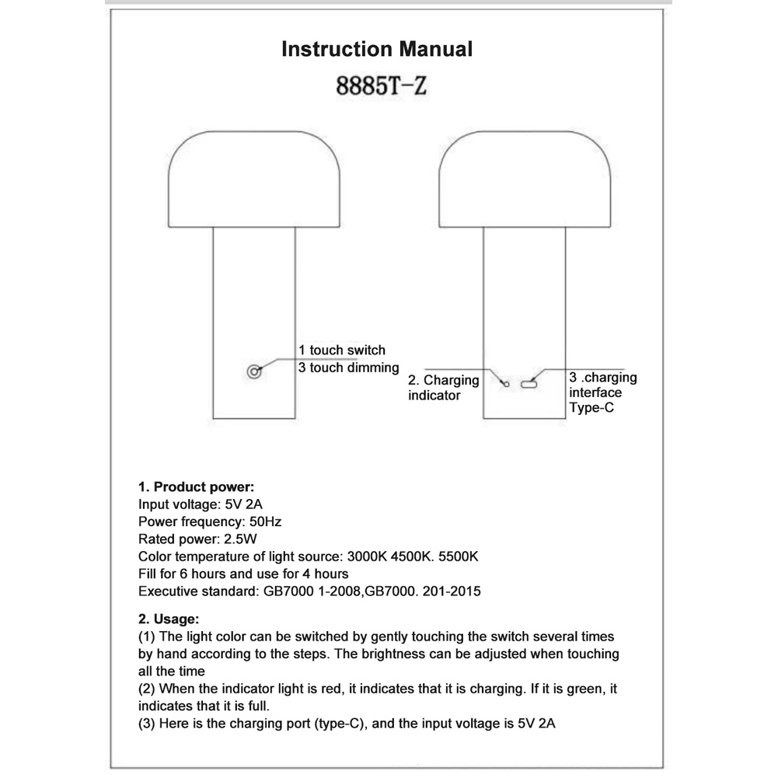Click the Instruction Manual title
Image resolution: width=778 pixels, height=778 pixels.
click(376, 50)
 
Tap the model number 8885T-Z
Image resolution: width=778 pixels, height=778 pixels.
click(381, 85)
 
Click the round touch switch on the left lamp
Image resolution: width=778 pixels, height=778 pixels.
click(253, 372)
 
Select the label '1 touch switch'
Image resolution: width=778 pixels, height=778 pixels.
click(342, 351)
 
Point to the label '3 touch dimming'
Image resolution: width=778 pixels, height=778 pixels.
click(348, 368)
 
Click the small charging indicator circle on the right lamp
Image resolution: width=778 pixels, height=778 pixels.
click(506, 383)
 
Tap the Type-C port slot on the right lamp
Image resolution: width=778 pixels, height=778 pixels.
click(530, 383)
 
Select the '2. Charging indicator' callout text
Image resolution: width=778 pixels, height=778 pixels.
click(444, 388)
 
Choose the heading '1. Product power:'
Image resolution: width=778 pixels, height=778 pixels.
click(196, 487)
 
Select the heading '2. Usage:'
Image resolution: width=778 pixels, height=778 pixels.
click(169, 619)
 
